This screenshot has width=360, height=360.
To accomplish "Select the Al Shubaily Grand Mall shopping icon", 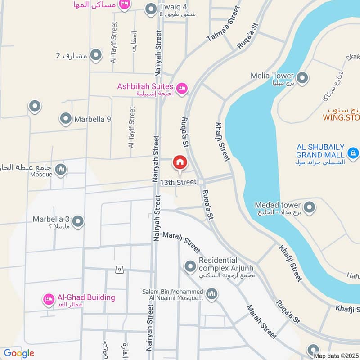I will (353, 154).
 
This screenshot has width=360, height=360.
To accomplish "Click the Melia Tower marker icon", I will (302, 78).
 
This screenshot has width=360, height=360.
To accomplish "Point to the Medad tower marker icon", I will (309, 207).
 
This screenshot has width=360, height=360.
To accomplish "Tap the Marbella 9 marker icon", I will (66, 119).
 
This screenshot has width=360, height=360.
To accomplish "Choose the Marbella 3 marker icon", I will (78, 222).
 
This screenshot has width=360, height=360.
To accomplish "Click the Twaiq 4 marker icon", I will (150, 9).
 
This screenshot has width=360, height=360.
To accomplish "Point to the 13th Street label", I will (178, 182).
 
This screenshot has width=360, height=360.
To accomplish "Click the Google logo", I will (19, 353).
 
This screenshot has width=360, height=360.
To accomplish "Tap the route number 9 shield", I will (119, 270).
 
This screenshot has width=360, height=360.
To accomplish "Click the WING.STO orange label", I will (341, 118).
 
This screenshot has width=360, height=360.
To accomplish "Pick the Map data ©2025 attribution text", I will (337, 356).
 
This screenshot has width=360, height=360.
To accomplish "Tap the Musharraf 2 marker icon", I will (95, 56).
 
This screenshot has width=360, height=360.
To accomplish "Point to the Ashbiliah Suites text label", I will (145, 86).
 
